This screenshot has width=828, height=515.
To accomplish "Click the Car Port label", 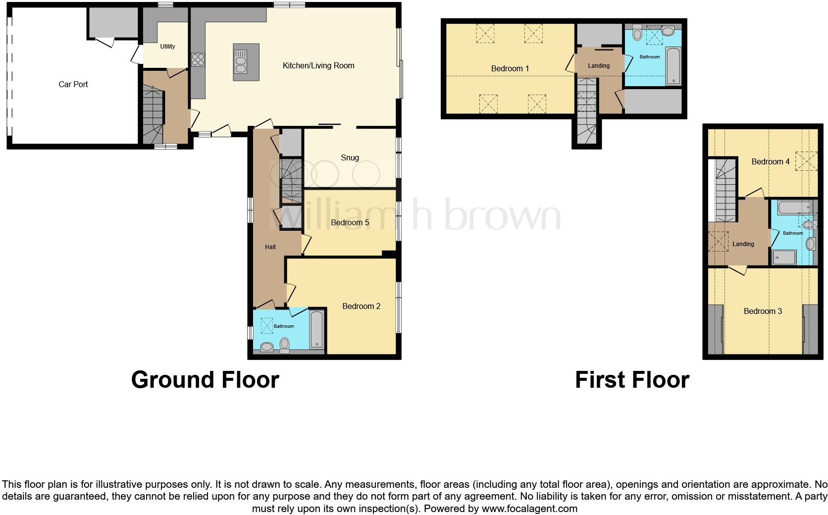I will (73, 84).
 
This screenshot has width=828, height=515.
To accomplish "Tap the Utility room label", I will (167, 46).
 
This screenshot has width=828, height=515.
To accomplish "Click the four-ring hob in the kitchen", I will (198, 59).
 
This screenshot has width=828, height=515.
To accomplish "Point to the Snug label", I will (350, 157).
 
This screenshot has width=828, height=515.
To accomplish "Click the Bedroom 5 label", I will (350, 222).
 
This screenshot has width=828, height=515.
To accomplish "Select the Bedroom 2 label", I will (361, 306).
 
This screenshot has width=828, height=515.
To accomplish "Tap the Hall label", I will (270, 247).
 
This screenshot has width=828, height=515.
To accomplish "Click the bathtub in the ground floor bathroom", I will (316, 329).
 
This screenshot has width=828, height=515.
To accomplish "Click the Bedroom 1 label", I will (510, 68).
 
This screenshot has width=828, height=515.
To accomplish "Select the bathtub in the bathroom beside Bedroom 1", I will (673, 66).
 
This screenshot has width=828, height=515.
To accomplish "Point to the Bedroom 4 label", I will (770, 161).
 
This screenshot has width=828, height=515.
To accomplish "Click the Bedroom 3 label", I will (763, 311).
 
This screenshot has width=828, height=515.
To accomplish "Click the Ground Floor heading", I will (205, 380).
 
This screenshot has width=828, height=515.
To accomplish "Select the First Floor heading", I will (632, 380).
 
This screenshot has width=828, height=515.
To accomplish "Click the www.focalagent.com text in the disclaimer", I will (529, 509).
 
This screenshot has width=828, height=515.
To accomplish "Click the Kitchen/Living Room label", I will (318, 65).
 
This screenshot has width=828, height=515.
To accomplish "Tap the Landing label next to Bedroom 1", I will (598, 65).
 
